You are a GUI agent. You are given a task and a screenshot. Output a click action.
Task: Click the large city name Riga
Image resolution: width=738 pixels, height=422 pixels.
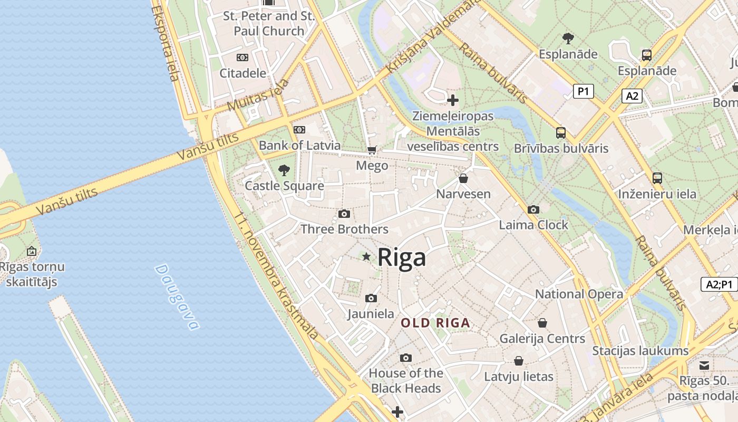tap(402, 258)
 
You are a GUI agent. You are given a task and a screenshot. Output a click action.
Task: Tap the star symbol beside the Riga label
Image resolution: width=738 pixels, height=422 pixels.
tap(366, 256)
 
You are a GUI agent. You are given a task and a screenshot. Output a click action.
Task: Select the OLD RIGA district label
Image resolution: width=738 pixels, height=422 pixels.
tap(435, 323)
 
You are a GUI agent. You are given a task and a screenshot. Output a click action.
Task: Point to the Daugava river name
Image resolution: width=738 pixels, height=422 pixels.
tap(177, 297)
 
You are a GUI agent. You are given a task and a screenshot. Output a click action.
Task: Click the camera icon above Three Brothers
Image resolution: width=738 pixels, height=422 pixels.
tap(344, 214)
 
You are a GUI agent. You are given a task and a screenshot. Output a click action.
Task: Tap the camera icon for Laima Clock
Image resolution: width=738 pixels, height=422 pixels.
tap(533, 209)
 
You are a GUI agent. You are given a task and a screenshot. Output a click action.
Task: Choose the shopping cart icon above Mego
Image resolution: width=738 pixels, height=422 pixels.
tap(372, 150)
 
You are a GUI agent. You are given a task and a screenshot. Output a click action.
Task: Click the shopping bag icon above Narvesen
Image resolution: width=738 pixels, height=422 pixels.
tap(463, 178)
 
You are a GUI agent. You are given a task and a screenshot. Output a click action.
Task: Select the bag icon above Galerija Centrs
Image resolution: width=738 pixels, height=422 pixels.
tap(542, 323)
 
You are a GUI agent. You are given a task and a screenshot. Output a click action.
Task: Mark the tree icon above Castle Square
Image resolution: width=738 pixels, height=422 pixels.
tap(284, 170)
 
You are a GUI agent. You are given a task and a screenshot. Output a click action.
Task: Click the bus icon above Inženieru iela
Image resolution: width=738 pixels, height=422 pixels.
tap(657, 178)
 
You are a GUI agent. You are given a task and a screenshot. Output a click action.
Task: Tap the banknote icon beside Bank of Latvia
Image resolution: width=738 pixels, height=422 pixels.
tap(299, 130)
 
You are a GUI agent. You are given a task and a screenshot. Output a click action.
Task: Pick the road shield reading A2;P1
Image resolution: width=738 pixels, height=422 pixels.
tap(720, 284)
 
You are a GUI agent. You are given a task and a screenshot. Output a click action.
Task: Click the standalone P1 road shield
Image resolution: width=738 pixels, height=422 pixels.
tap(583, 91)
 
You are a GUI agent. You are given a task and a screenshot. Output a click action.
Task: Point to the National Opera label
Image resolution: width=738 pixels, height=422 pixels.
tap(579, 294)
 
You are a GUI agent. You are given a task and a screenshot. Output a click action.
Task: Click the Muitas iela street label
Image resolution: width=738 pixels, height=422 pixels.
tap(258, 95)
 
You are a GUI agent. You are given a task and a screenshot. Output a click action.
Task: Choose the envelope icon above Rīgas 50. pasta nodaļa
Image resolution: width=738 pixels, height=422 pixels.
tap(704, 365)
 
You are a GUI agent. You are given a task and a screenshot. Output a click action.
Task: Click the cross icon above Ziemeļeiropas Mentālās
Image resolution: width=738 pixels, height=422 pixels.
tap(453, 100)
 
